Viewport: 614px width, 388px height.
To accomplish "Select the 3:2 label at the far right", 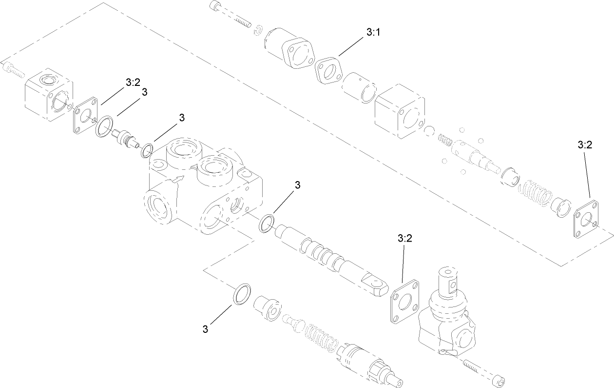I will click(x=585, y=145).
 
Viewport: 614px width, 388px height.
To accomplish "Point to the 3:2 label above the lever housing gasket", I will click(x=405, y=238).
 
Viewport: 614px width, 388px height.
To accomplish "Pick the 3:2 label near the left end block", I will click(x=133, y=82).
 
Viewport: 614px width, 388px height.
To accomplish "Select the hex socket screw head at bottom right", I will click(x=498, y=379).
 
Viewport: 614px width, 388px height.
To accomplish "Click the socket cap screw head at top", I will click(x=215, y=6).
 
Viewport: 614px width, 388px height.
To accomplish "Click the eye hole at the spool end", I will click(x=377, y=282).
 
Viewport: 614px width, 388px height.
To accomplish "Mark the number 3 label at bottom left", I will click(x=206, y=329).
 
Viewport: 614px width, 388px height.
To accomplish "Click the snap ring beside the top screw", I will click(x=259, y=30).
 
